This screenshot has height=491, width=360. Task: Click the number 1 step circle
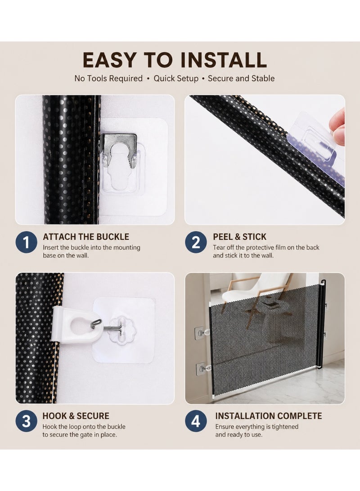click(x=26, y=242)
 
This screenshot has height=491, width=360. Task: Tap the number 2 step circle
click(x=196, y=242)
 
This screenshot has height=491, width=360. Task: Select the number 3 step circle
click(x=26, y=421)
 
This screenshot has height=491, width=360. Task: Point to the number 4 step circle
click(x=196, y=421)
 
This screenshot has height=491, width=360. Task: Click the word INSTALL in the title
click(x=224, y=60)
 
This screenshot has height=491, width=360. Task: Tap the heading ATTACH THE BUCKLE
click(x=86, y=237)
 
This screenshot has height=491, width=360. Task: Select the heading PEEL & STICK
click(x=240, y=237)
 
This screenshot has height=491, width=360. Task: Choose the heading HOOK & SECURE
click(x=76, y=416)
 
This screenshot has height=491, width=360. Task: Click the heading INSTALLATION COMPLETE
click(x=269, y=416)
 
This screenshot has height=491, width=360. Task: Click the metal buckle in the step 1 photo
click(x=119, y=150)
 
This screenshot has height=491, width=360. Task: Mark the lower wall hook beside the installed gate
click(x=202, y=368)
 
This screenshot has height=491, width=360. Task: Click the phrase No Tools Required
click(x=108, y=78)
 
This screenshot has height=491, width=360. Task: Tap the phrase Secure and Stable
click(x=241, y=78)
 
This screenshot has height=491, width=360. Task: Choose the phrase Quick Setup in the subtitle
click(x=176, y=78)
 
